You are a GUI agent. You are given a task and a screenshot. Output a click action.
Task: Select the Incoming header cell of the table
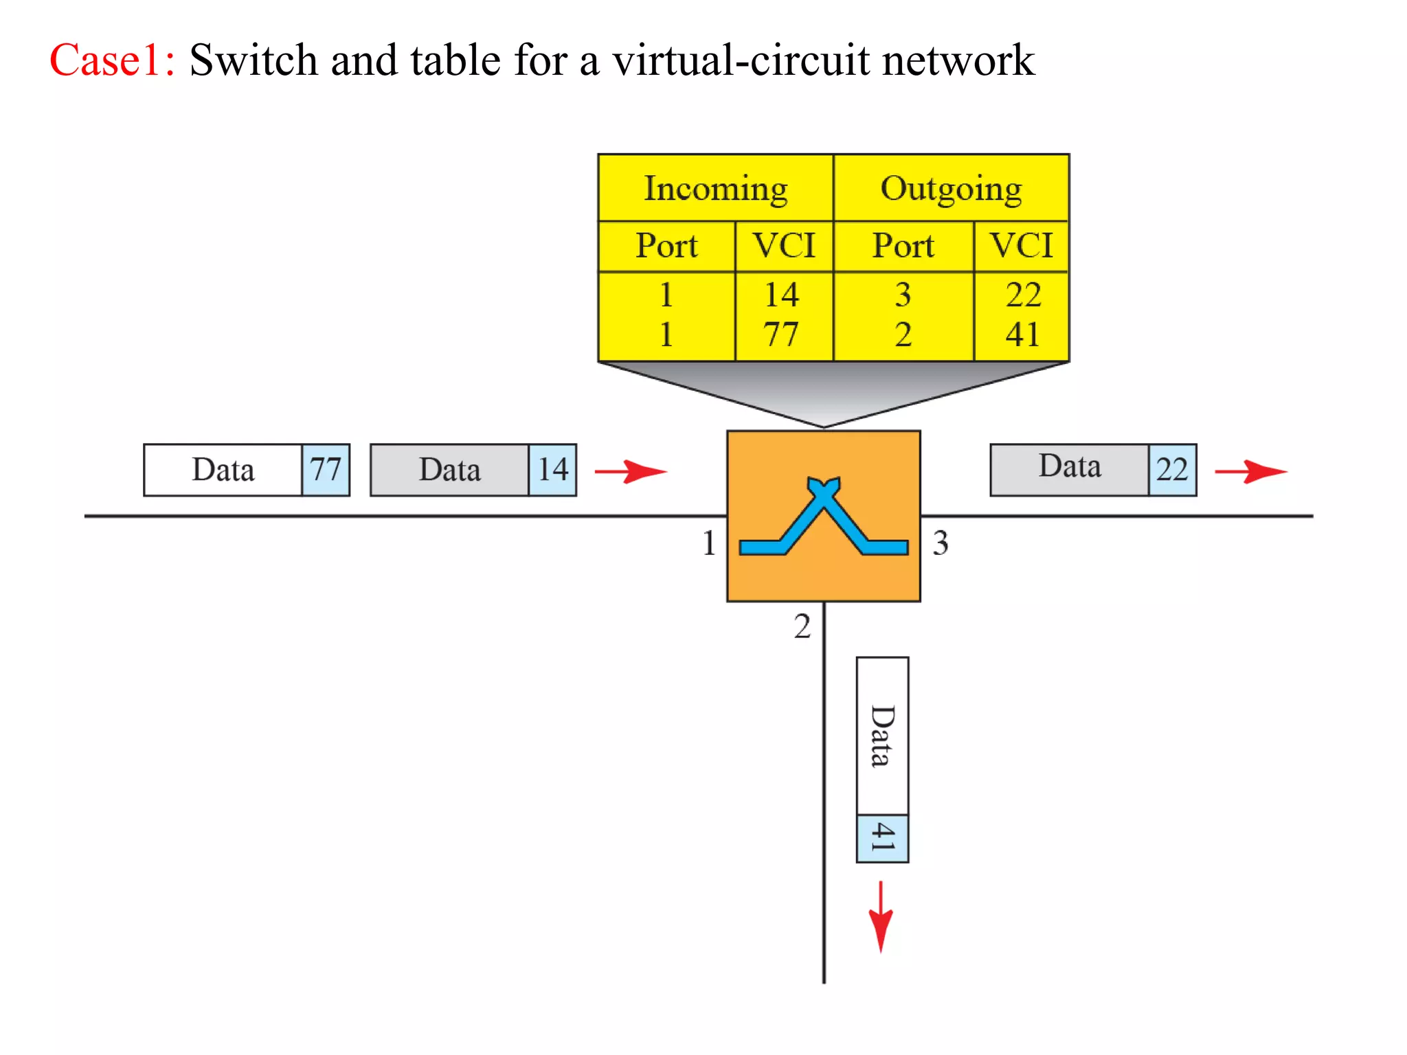pos(715,188)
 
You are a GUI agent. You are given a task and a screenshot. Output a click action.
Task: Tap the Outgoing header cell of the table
pos(951,188)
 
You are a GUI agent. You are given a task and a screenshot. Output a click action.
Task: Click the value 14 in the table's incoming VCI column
pos(782,295)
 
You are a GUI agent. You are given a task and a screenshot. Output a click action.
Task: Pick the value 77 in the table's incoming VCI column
pos(782,334)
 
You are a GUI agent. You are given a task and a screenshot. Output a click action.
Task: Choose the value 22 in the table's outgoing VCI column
pos(1023,295)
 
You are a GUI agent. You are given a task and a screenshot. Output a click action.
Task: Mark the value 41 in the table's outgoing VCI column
pos(1023,334)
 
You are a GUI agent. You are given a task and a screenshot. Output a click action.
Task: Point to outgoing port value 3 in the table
pos(903,295)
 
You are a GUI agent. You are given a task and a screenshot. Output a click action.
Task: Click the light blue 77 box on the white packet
pos(326,470)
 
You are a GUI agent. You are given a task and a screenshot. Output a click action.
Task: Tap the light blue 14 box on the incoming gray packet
pos(552,470)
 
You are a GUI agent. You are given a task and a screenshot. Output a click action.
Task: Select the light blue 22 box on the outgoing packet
pos(1172,470)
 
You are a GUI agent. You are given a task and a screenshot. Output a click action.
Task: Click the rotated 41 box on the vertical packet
pos(883,839)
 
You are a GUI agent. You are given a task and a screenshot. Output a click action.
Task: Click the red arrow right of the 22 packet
pos(1250,471)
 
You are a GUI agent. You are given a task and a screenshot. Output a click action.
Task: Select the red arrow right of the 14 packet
pos(631,471)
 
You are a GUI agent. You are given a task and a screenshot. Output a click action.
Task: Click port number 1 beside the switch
pos(709,543)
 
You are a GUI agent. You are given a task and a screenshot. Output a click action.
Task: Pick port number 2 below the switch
pos(802,626)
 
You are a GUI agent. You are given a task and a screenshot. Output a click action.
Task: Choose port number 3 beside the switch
pos(941,543)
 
